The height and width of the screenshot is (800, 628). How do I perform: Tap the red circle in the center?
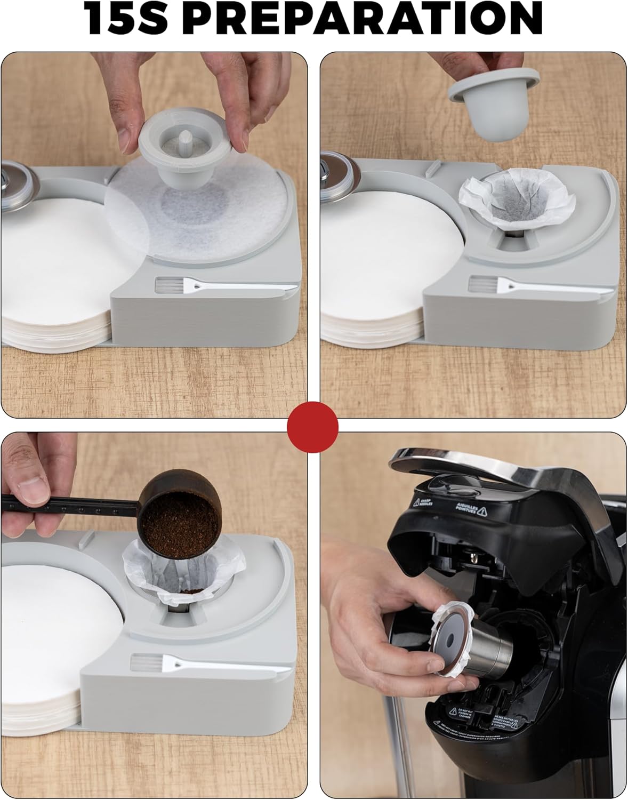[x=313, y=427]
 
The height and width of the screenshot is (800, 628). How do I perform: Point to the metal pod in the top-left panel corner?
[x=13, y=176]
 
